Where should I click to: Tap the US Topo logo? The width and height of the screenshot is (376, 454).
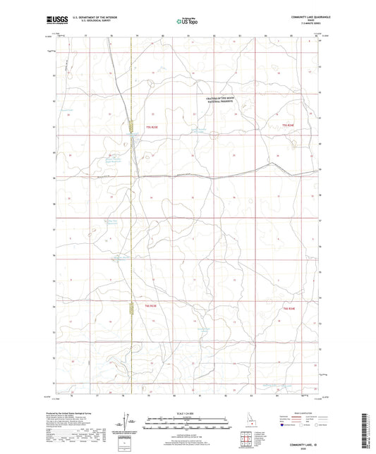tap(187, 22)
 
